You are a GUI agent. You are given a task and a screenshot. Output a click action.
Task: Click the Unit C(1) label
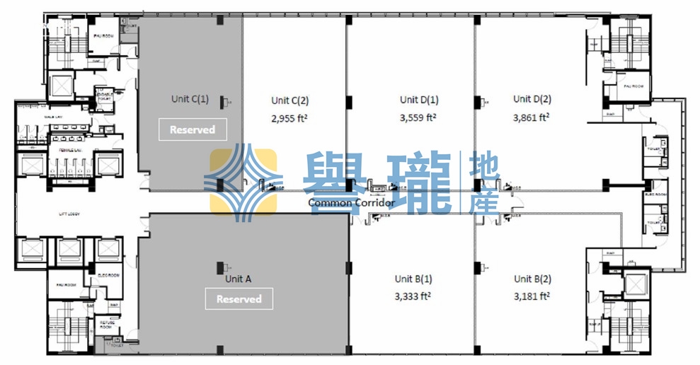(190, 99)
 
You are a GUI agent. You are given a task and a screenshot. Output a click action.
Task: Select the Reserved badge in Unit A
(239, 299)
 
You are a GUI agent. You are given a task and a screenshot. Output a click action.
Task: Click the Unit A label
(238, 279)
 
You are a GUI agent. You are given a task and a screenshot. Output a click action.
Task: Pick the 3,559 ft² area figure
(418, 118)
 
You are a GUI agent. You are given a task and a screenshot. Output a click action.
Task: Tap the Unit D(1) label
(419, 100)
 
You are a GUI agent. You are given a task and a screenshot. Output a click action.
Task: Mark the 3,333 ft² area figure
(413, 297)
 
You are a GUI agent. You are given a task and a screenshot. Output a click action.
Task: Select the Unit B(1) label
(413, 279)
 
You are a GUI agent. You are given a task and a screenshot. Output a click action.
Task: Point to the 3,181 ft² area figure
(532, 297)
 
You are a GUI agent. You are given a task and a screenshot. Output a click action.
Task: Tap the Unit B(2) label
(532, 279)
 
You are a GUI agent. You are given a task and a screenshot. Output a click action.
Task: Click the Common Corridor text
(352, 203)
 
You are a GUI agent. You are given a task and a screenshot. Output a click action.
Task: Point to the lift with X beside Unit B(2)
(635, 284)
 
